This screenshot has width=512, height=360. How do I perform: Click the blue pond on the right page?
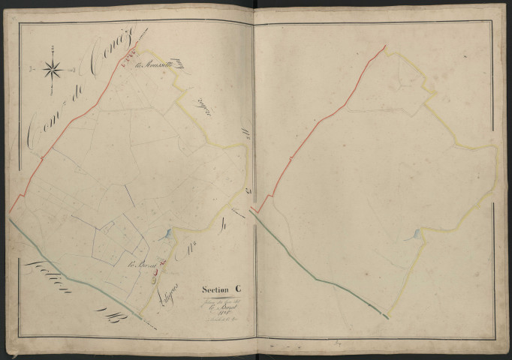[x=413, y=236]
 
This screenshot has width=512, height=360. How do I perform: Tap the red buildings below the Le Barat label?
[x=155, y=274]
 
